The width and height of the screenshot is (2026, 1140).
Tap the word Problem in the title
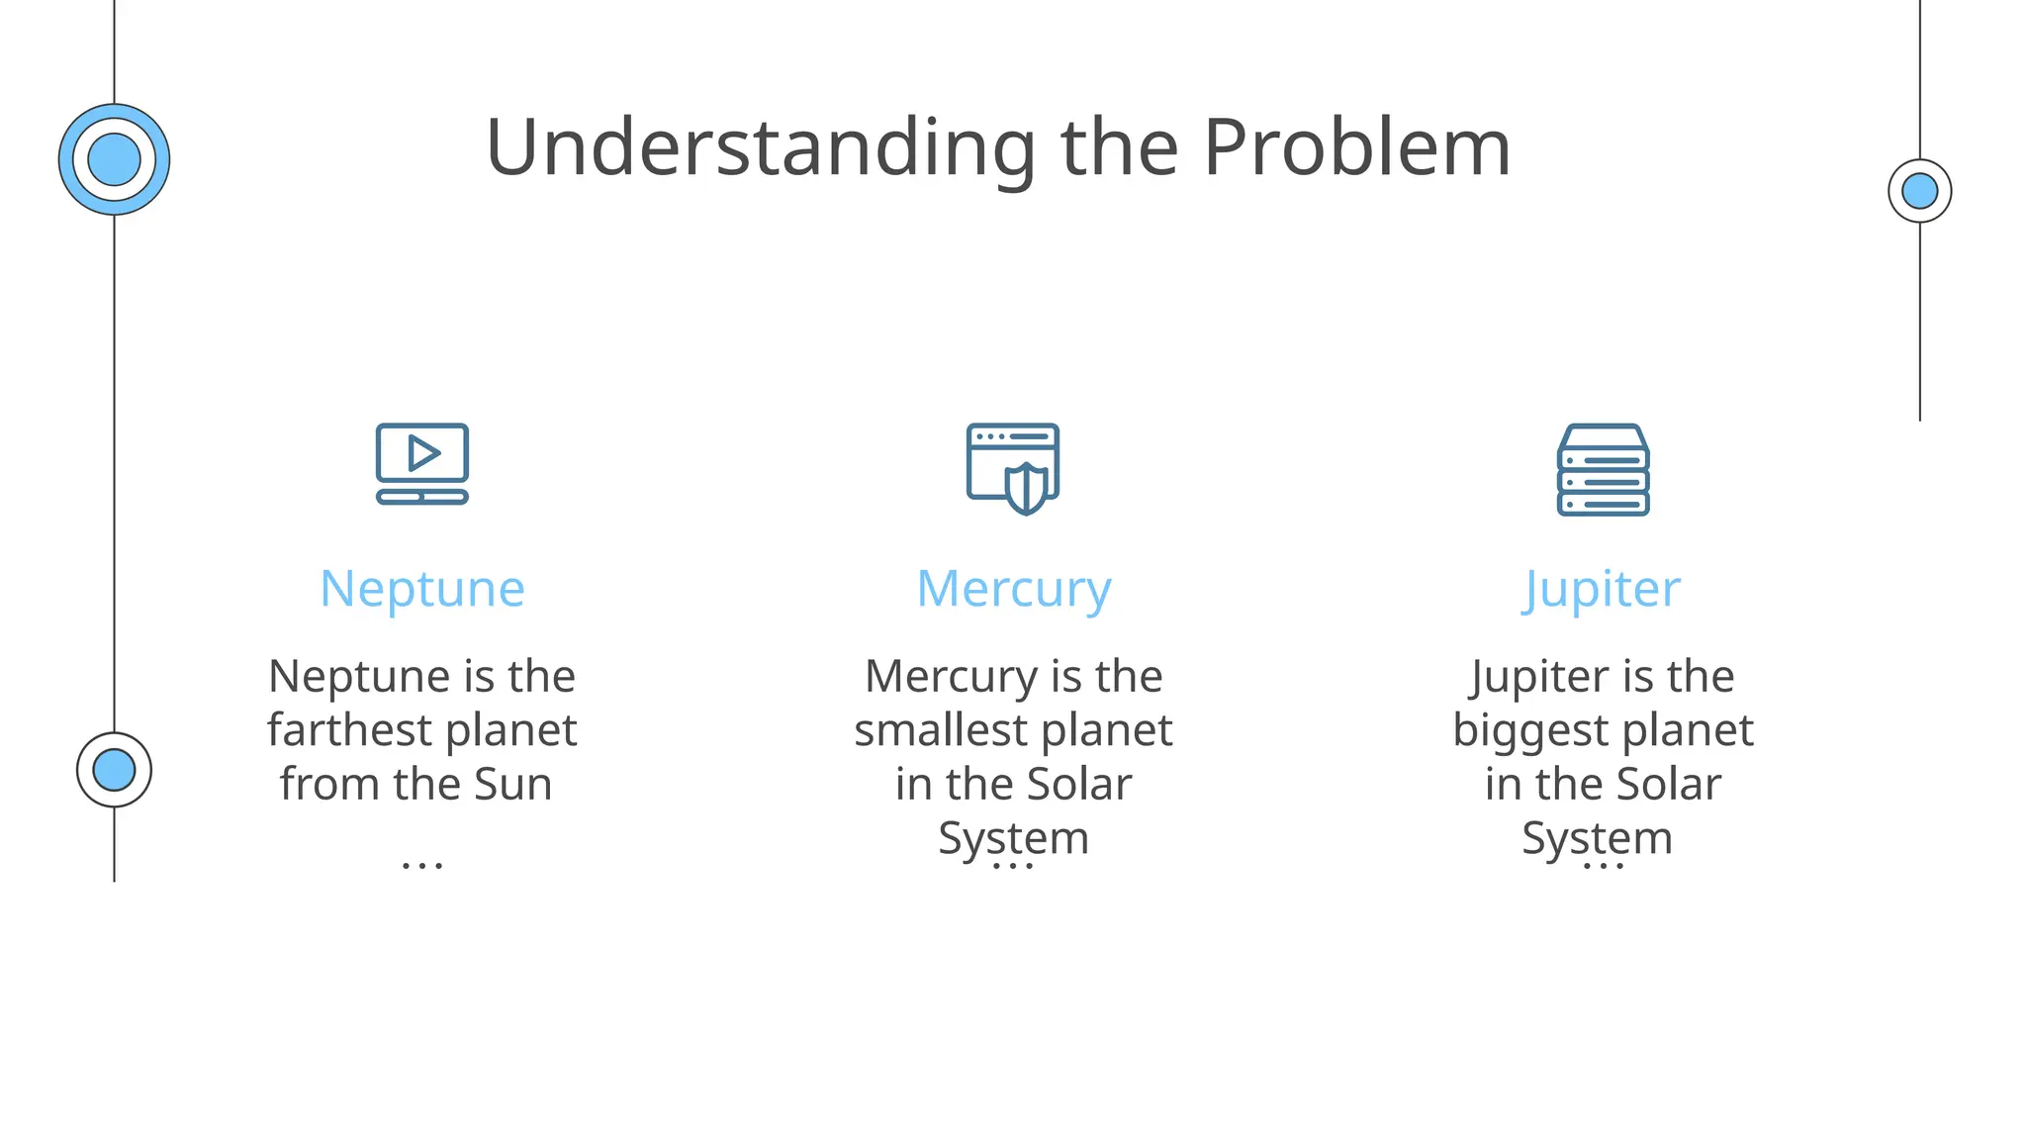pyautogui.click(x=1356, y=148)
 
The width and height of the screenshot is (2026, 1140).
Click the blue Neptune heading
pyautogui.click(x=422, y=589)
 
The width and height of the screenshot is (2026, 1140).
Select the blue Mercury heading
pyautogui.click(x=1013, y=589)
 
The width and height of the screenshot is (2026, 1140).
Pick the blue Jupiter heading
pyautogui.click(x=1602, y=589)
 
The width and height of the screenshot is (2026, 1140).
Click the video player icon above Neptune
pyautogui.click(x=422, y=464)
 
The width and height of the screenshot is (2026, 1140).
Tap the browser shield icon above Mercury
pyautogui.click(x=1013, y=468)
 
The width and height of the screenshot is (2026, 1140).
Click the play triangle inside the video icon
pyautogui.click(x=423, y=453)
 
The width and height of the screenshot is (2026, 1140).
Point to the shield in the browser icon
pyautogui.click(x=1026, y=489)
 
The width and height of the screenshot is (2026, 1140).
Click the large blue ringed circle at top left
pyautogui.click(x=114, y=159)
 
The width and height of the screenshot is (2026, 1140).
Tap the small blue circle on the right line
pyautogui.click(x=1919, y=191)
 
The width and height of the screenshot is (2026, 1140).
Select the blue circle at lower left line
pyautogui.click(x=114, y=770)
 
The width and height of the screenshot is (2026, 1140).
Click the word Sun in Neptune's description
pyautogui.click(x=512, y=785)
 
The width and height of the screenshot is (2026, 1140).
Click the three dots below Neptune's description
pyautogui.click(x=422, y=866)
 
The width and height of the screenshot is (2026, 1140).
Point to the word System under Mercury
pyautogui.click(x=1013, y=838)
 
